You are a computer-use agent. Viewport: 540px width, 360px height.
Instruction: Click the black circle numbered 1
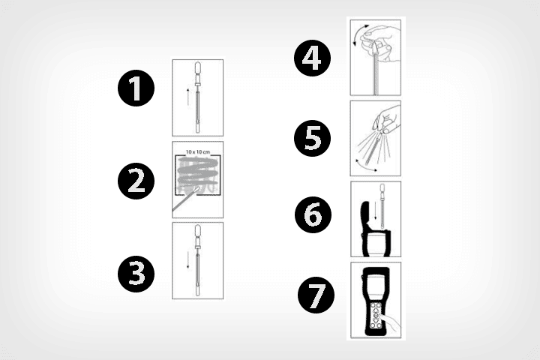tap(136, 88)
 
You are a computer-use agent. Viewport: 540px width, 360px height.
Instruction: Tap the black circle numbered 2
tap(136, 181)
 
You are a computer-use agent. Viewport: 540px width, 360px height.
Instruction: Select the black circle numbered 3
tap(136, 274)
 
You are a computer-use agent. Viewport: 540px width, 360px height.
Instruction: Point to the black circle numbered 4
tap(312, 58)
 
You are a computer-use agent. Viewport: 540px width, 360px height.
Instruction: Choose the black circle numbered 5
tap(312, 138)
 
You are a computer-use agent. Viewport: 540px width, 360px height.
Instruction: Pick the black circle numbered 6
tap(313, 214)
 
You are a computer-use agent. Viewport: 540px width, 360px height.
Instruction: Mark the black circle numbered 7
tap(316, 295)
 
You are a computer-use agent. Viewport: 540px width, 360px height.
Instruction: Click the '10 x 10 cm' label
tap(198, 151)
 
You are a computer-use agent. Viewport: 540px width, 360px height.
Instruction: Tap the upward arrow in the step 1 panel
tap(187, 97)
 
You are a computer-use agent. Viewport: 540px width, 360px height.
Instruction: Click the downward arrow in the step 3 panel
tap(187, 259)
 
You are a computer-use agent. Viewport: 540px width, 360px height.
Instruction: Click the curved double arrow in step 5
tap(365, 166)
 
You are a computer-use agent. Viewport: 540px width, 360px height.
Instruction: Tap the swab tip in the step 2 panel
tap(196, 190)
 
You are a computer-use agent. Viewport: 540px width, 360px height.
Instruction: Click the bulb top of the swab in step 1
tap(198, 69)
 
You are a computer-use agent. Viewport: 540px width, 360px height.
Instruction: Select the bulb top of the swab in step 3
tap(198, 232)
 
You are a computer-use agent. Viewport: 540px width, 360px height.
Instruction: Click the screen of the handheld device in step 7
tap(376, 284)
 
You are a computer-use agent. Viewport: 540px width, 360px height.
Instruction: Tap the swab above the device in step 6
tap(382, 207)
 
